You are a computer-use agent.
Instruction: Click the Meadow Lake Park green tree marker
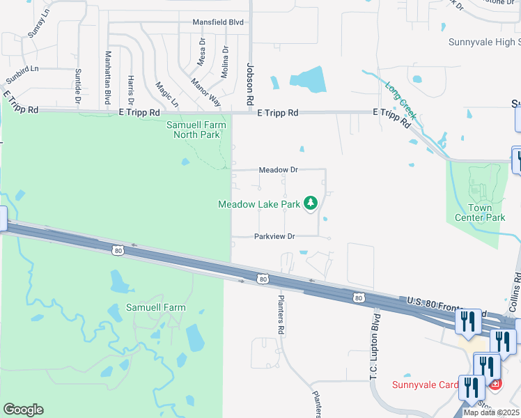311,203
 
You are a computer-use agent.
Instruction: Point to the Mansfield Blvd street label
219,22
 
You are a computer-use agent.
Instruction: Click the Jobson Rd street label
251,82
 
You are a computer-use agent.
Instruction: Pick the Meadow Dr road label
278,170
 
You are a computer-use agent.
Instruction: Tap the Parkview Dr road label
275,237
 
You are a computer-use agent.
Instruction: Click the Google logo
23,410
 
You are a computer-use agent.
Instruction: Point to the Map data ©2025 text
491,412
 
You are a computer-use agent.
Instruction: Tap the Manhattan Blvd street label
108,77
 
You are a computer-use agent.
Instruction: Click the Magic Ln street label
167,94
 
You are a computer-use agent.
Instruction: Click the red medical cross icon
495,384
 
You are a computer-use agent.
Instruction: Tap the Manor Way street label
205,91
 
